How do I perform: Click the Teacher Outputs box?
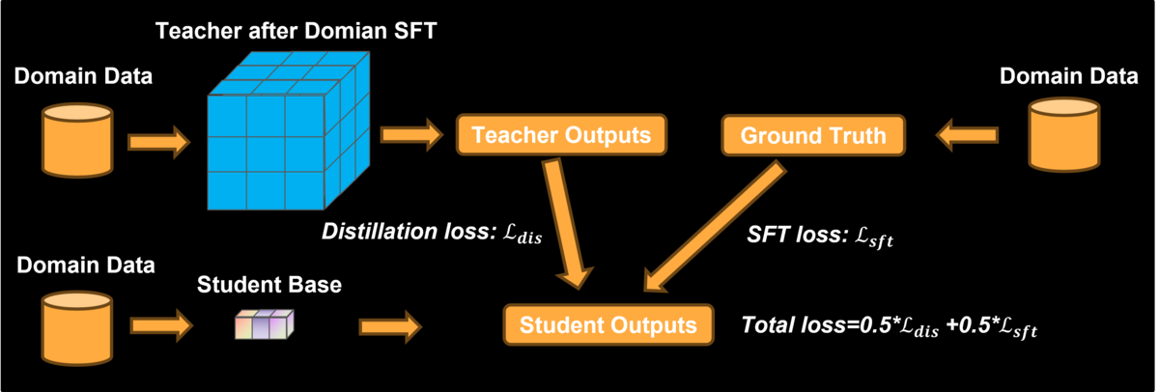click(x=561, y=135)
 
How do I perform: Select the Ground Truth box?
click(x=813, y=135)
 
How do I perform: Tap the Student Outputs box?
click(x=608, y=324)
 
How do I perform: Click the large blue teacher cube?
click(x=289, y=131)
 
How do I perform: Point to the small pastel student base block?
click(x=265, y=324)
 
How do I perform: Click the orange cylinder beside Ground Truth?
click(x=1064, y=135)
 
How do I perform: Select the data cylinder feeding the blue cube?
click(x=77, y=140)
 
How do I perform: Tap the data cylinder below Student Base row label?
click(x=77, y=328)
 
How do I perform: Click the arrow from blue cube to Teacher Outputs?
click(x=411, y=135)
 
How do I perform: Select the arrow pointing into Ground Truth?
click(x=967, y=135)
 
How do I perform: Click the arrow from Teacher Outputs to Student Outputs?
click(x=568, y=223)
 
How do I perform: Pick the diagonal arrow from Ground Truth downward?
click(x=715, y=227)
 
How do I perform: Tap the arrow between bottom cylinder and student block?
click(x=161, y=325)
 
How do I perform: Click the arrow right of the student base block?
click(x=390, y=327)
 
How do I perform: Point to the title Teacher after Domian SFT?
click(x=296, y=31)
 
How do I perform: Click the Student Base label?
click(x=269, y=285)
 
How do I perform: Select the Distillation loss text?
click(x=432, y=232)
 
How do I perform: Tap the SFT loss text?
click(x=820, y=236)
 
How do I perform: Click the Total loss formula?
click(x=890, y=326)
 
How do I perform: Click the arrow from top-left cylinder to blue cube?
click(x=159, y=142)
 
